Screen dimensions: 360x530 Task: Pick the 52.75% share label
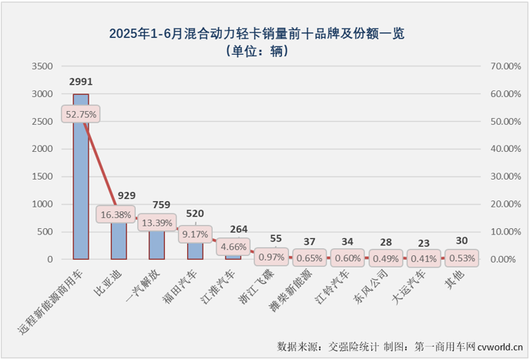click(81, 115)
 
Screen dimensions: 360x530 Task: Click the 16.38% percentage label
click(116, 214)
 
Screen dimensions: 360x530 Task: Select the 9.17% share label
click(195, 234)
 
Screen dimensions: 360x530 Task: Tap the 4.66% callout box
click(233, 247)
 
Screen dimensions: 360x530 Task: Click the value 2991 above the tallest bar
click(81, 82)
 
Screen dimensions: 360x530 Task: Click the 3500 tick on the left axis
click(42, 66)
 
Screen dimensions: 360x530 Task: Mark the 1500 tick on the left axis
click(42, 177)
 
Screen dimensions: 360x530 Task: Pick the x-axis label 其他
click(455, 274)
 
